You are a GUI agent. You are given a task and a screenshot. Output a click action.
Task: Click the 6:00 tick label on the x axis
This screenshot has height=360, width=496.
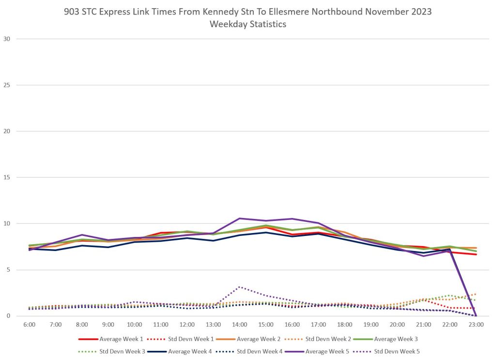(29, 324)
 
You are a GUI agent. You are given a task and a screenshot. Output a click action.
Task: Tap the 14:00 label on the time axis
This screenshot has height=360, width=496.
(240, 324)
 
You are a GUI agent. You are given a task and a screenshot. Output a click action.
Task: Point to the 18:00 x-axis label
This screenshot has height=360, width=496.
(345, 324)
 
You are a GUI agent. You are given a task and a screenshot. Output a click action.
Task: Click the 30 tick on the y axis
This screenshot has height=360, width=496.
(7, 39)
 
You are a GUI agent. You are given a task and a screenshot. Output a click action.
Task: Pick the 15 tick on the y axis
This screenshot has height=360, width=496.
(7, 177)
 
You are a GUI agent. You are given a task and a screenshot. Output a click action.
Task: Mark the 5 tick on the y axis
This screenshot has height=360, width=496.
(9, 270)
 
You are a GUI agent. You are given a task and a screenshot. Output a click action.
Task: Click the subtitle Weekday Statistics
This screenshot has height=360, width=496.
(248, 24)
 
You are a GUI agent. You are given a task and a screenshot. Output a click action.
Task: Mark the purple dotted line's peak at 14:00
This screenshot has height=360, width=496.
(239, 287)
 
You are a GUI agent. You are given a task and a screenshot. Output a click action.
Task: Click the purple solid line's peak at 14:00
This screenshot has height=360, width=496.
(239, 219)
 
